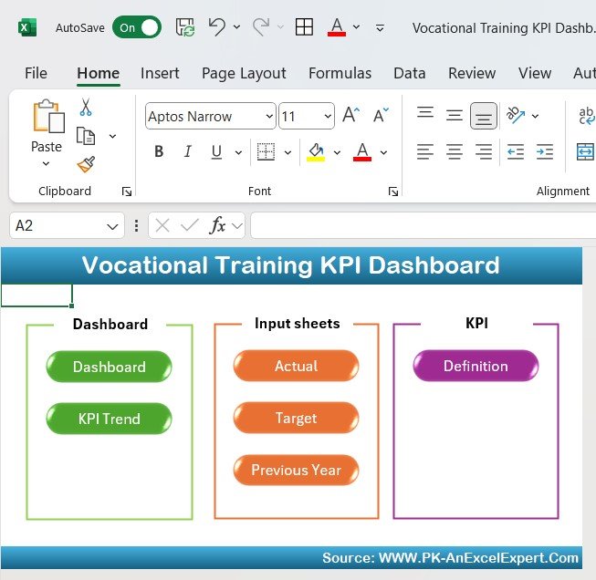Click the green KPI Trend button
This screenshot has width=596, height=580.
110,419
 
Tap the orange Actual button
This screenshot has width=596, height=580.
296,366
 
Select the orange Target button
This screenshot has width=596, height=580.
296,418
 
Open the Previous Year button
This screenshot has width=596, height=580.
296,470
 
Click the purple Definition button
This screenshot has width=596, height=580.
476,366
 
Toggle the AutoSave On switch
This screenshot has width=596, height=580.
137,27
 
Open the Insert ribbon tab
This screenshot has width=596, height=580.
160,73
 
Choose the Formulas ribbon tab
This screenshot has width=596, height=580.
340,73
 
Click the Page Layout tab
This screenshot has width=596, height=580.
244,73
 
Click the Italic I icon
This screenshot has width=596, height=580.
187,151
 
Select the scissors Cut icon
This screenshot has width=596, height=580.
86,107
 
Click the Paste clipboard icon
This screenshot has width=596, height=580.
48,116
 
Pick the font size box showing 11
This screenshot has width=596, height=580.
307,116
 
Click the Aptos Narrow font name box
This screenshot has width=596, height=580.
211,116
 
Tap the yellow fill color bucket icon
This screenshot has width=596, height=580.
316,152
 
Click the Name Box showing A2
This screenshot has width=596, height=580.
67,225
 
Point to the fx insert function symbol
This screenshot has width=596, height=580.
217,225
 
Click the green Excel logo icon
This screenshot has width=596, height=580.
27,27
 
